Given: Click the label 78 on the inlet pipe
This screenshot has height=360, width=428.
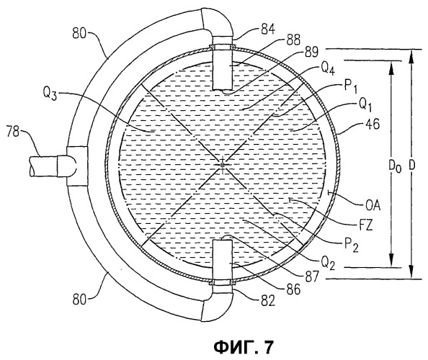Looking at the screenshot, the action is (13, 132).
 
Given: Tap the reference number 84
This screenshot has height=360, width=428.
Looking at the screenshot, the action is (268, 30).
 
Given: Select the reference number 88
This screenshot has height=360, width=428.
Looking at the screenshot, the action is (293, 40).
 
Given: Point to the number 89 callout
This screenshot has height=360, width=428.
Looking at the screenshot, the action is (311, 51).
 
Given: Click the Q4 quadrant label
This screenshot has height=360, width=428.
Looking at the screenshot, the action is (327, 68).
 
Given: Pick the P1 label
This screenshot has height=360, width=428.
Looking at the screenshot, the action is (350, 86).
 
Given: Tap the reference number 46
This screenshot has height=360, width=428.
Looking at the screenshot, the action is (372, 124).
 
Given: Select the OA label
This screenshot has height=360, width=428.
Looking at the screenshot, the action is (373, 206).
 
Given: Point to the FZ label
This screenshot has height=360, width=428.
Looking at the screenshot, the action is (365, 225).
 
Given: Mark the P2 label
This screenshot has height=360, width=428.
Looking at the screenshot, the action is (352, 245).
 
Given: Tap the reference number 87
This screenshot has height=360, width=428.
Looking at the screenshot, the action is (311, 276).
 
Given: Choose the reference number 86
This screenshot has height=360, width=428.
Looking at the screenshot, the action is (293, 289).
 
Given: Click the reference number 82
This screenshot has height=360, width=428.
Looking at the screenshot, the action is (267, 301).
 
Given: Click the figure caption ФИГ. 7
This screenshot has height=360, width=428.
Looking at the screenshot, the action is (243, 346).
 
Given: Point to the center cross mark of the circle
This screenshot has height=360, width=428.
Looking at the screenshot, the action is (223, 165).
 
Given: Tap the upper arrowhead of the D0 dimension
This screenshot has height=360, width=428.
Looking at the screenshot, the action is (391, 67).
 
